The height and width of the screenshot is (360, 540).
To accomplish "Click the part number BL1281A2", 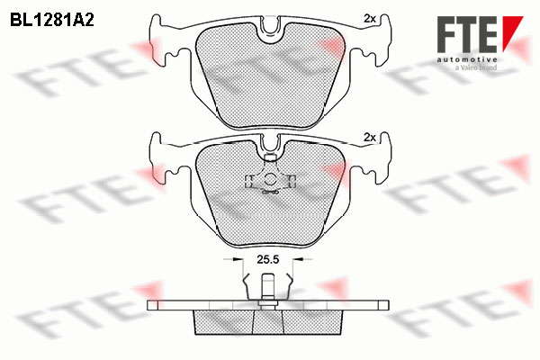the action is (x=52, y=21).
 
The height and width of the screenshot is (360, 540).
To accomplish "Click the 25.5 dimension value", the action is (x=267, y=259).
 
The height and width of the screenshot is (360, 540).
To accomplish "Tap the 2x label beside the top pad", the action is (x=370, y=19).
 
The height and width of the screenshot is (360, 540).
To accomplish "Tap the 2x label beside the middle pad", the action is (x=370, y=138).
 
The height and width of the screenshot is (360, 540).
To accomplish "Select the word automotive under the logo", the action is (x=467, y=60).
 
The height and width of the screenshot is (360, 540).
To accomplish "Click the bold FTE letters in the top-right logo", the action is (x=467, y=34).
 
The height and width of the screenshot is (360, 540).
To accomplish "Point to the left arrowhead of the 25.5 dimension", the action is (x=238, y=259).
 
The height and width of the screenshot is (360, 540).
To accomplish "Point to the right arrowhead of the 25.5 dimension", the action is (x=298, y=259).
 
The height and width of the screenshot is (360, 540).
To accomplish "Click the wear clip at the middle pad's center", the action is (x=270, y=180).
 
